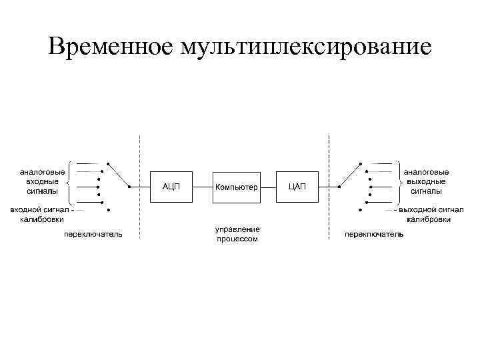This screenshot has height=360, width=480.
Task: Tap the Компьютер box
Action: click(x=235, y=187)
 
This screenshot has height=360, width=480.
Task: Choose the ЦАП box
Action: click(x=297, y=186)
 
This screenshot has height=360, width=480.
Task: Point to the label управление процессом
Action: click(x=235, y=234)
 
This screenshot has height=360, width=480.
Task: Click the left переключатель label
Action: click(x=93, y=235)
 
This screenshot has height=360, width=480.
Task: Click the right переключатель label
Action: click(x=373, y=235)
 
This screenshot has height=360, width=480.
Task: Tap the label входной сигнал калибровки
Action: click(x=40, y=214)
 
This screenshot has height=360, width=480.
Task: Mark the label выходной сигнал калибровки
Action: click(x=427, y=214)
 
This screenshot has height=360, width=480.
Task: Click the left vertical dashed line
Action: click(x=139, y=187)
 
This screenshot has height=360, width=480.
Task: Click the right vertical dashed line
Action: click(x=329, y=187)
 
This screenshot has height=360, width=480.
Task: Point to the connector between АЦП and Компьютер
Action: click(x=202, y=187)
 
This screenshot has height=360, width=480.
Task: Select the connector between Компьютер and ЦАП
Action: click(x=269, y=187)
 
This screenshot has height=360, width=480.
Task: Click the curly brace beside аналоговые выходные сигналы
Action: click(x=399, y=181)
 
